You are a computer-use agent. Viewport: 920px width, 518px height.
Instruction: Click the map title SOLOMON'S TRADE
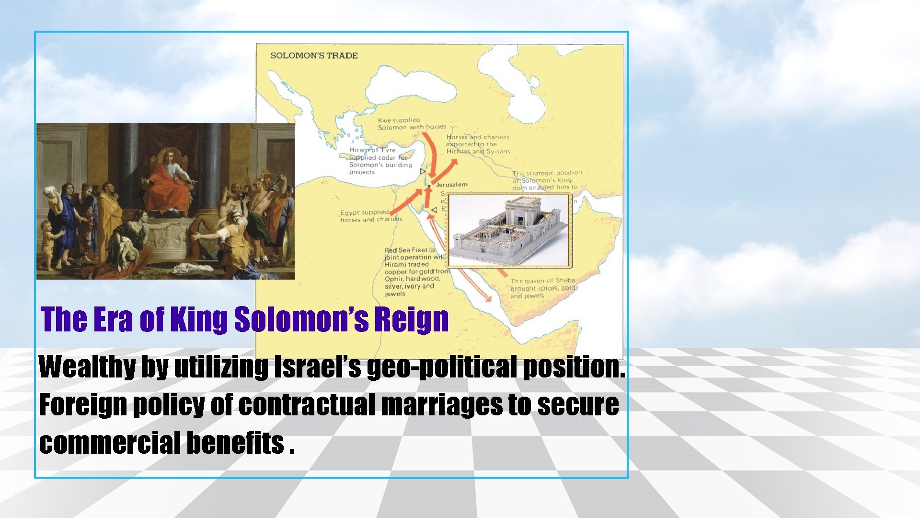(x=314, y=56)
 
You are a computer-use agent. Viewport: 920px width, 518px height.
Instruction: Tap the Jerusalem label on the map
(x=451, y=185)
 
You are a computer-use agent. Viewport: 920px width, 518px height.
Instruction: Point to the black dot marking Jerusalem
(x=429, y=186)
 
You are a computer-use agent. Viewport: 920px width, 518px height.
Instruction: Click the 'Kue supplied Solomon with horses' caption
(x=411, y=124)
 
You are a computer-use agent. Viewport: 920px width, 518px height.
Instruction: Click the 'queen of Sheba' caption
(x=542, y=288)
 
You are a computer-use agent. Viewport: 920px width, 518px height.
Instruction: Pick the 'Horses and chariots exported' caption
(x=478, y=144)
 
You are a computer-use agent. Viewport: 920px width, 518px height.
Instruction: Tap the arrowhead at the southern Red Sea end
(x=488, y=299)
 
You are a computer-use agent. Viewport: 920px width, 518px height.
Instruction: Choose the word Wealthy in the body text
(x=87, y=367)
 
